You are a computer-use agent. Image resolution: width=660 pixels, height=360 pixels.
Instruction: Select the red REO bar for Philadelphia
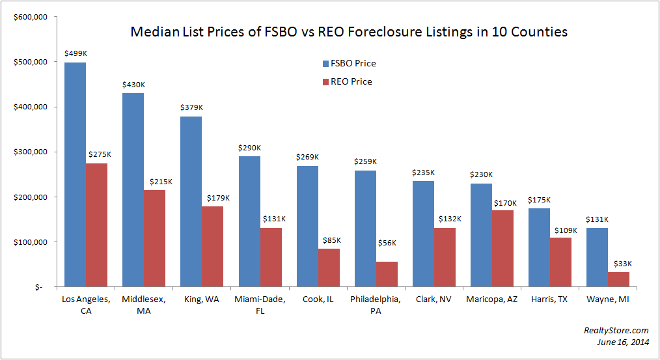tap(386, 274)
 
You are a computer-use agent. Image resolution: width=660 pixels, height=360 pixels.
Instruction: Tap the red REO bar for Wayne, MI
tap(618, 279)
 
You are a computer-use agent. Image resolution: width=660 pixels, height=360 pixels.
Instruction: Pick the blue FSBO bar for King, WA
tap(191, 202)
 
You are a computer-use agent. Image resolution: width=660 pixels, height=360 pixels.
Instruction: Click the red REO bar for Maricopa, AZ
tap(502, 248)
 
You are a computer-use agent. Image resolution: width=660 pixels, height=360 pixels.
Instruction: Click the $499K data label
tap(76, 54)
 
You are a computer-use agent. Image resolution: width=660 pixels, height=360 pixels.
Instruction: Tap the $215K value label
tap(155, 182)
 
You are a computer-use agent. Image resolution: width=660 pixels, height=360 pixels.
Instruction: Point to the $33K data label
tap(619, 264)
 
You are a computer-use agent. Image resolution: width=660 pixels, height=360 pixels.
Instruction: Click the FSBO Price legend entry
tap(349, 64)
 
